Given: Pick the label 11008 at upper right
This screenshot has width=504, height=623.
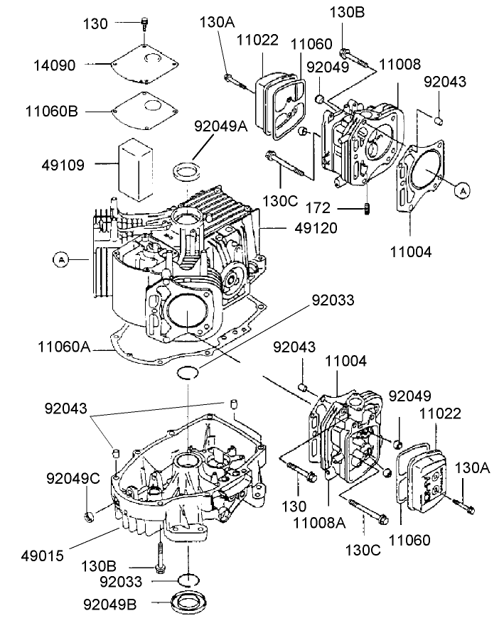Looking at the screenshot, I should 399,64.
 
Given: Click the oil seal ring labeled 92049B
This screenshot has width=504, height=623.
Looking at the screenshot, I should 188,601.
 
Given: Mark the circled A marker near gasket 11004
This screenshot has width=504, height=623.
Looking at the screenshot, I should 463,190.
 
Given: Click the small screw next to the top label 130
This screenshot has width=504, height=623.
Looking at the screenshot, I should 145,23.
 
